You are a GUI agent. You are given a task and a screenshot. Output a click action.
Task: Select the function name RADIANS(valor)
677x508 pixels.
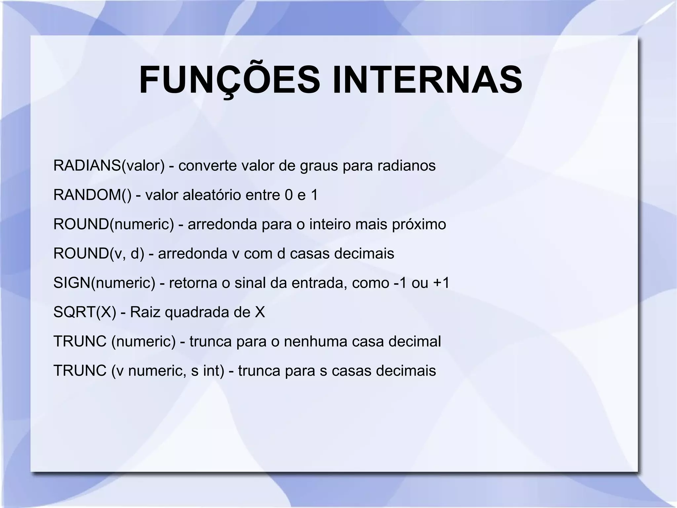pos(109,165)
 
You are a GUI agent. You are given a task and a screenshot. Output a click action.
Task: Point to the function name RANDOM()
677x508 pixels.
pos(92,195)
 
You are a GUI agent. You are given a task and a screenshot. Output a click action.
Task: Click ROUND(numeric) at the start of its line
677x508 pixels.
pos(113,224)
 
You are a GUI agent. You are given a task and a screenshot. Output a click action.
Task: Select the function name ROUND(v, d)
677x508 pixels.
pos(99,254)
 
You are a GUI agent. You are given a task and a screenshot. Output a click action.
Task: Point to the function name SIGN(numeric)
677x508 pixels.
pos(104,283)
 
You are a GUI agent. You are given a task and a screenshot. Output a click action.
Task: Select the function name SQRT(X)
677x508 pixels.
pos(85,312)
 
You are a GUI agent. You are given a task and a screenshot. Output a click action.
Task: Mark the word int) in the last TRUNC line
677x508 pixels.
pos(214,370)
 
